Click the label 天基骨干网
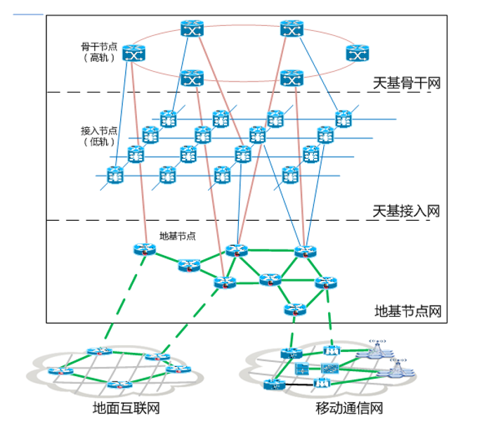click(x=406, y=83)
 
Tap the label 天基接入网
click(x=406, y=211)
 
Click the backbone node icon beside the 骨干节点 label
click(x=132, y=53)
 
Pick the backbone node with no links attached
click(x=357, y=53)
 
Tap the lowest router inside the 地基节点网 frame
click(x=295, y=308)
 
